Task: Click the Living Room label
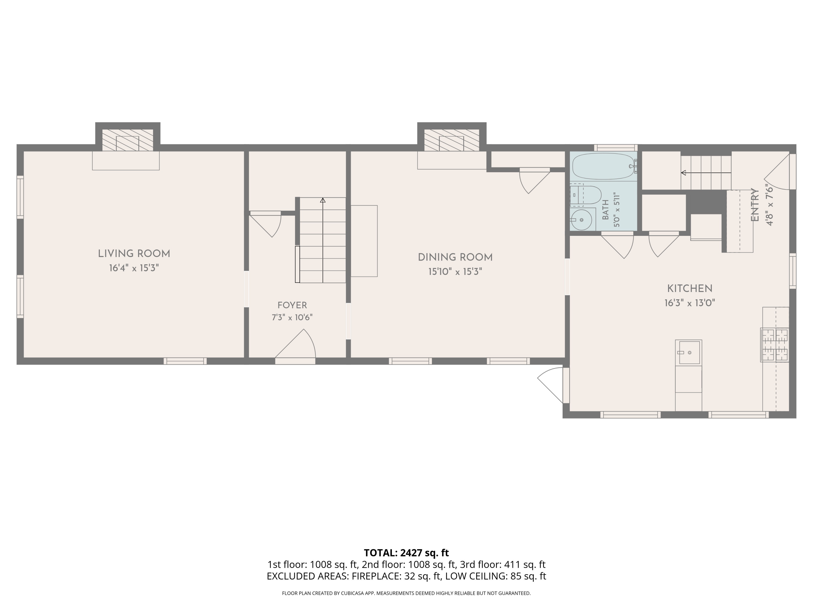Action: coord(134,254)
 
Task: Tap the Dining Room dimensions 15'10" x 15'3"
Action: coord(455,272)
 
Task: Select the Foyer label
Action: coord(292,305)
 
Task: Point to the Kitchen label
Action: coord(690,289)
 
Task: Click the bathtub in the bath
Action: coord(604,166)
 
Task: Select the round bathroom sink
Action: coord(582,220)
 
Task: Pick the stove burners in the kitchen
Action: coord(775,345)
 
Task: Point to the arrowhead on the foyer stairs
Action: coord(323,200)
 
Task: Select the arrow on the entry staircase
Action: coord(706,172)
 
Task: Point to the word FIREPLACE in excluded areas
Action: coord(376,576)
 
